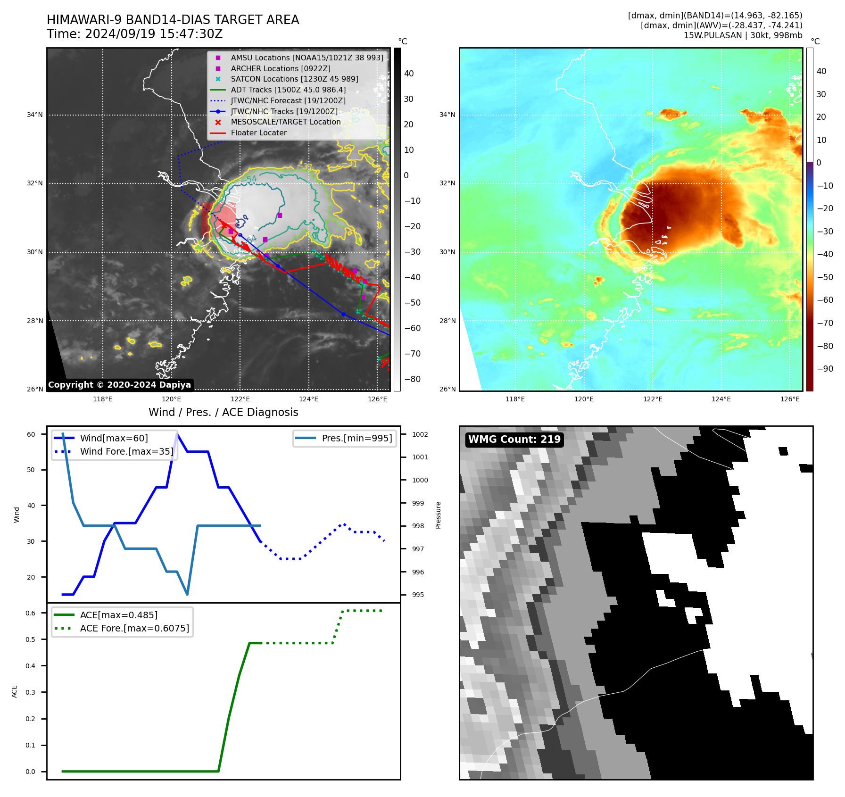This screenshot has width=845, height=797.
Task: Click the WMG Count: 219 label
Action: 514,440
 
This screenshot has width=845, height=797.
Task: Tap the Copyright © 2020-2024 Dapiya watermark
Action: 119,385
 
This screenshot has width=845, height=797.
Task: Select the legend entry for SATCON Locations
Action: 294,79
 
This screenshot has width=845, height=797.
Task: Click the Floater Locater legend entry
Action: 258,133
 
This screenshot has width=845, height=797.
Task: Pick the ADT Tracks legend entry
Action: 288,90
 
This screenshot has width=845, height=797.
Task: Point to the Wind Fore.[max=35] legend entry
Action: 126,452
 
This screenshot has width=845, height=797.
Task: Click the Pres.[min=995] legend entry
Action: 356,439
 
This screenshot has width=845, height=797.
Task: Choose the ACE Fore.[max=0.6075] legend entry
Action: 134,629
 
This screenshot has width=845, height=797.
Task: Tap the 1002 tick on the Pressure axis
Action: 420,434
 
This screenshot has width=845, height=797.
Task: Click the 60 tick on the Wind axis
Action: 31,434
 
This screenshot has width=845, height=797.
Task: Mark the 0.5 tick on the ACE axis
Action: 31,639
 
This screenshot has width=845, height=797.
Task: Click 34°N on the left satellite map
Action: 34,115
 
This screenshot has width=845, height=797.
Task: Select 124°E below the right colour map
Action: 721,399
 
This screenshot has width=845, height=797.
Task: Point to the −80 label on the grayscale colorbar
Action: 413,379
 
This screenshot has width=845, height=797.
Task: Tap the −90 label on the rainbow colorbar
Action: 825,369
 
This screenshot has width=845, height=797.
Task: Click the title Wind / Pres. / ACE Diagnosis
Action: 223,413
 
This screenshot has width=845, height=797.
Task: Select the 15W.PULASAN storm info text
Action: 743,35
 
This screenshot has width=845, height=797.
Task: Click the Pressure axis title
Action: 438,515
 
